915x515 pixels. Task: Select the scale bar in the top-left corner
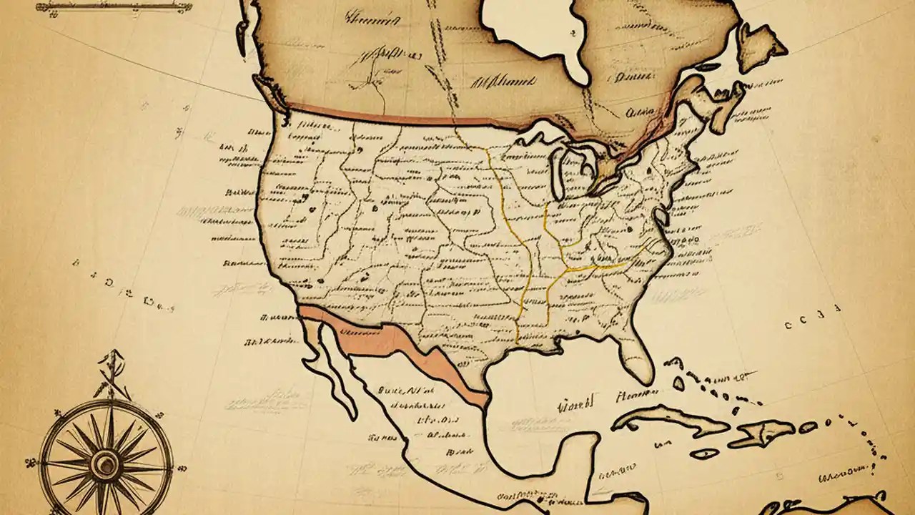tap(114, 6)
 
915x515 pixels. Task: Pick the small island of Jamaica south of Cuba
tap(704, 453)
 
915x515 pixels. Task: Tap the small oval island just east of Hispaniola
tap(808, 427)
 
